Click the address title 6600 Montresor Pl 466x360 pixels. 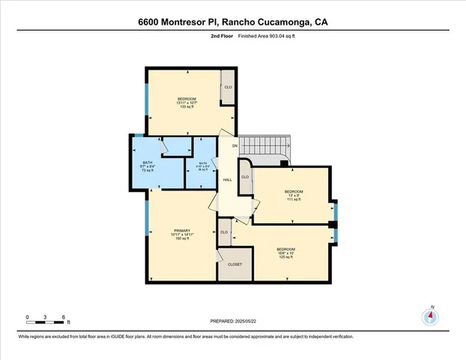coord(232,22)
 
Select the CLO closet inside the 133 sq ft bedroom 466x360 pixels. coord(228,88)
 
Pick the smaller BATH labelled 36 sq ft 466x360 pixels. coord(203,166)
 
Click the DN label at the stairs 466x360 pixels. coord(234,145)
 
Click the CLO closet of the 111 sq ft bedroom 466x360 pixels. coord(245,177)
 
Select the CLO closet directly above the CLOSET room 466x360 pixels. coord(224,232)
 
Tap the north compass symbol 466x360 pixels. coord(430,316)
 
